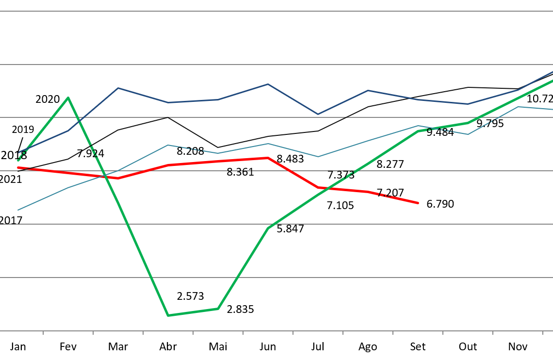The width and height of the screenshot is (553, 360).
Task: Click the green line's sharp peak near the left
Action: pyautogui.click(x=68, y=98)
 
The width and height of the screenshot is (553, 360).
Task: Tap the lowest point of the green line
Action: pyautogui.click(x=168, y=315)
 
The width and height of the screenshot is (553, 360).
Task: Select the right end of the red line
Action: pyautogui.click(x=418, y=203)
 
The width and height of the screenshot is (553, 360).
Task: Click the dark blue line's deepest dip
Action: pyautogui.click(x=318, y=114)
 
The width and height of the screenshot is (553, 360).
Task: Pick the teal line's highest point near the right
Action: pyautogui.click(x=518, y=107)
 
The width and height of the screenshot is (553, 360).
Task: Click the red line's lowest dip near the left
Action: pyautogui.click(x=118, y=178)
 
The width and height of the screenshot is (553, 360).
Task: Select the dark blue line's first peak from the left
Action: pyautogui.click(x=118, y=88)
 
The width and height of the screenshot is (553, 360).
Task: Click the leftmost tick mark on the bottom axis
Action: pyautogui.click(x=43, y=333)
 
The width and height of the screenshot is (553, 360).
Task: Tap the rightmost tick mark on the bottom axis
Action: pyautogui.click(x=542, y=333)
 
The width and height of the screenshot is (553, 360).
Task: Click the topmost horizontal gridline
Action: pyautogui.click(x=276, y=11)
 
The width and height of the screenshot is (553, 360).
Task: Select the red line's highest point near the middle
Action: pyautogui.click(x=268, y=158)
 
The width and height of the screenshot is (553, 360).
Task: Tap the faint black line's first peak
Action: pyautogui.click(x=167, y=117)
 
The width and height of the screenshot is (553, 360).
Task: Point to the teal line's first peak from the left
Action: pyautogui.click(x=167, y=145)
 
